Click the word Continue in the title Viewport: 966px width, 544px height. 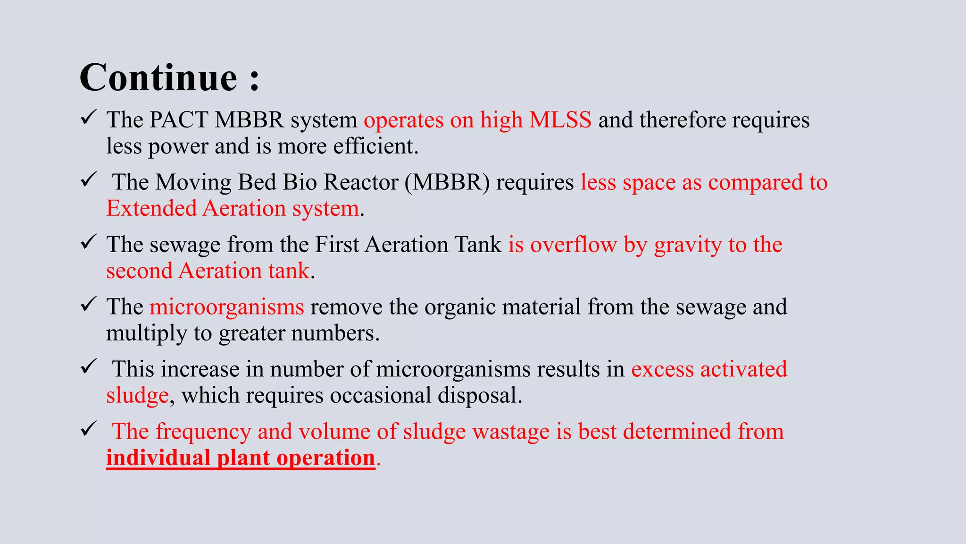pos(158,77)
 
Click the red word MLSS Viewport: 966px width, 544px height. pos(560,120)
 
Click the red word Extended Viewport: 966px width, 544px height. pos(151,209)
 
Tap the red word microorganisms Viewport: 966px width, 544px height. pos(227,307)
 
